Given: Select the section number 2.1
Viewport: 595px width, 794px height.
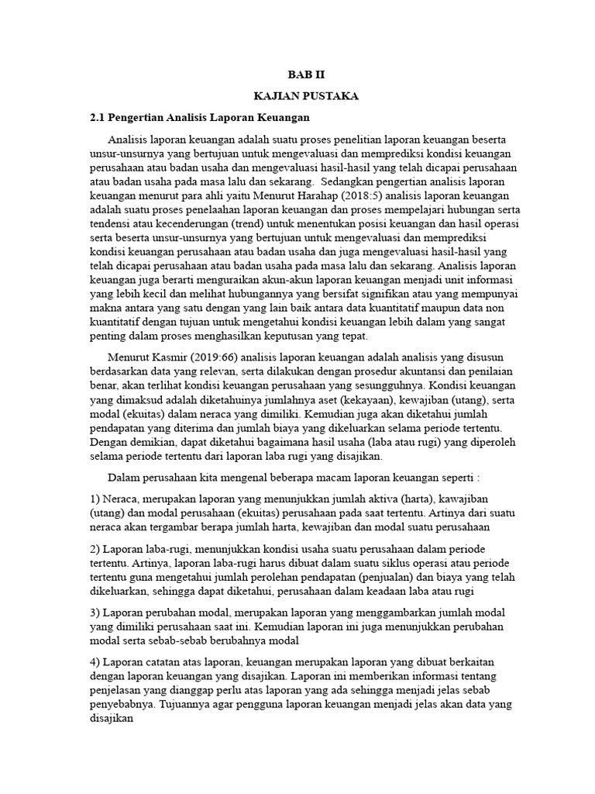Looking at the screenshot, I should point(97,118).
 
